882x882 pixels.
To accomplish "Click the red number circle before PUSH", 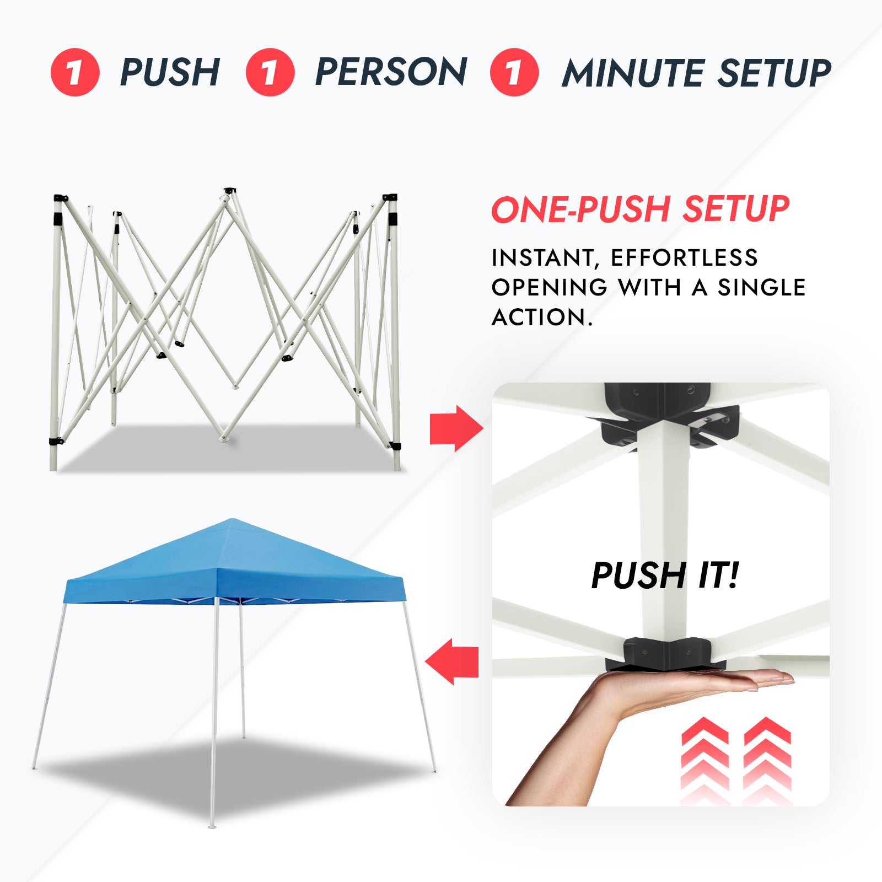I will [75, 72].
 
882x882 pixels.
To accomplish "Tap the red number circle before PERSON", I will [270, 72].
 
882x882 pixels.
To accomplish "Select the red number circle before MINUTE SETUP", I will [514, 72].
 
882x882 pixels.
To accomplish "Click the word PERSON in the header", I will [391, 72].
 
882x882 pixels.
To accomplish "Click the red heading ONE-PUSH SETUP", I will [639, 209].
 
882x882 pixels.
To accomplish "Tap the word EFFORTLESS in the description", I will [684, 258].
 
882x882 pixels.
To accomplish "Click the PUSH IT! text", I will [664, 576].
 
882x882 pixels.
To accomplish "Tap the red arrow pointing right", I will [455, 428].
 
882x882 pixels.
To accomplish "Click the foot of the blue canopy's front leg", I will [212, 826].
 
